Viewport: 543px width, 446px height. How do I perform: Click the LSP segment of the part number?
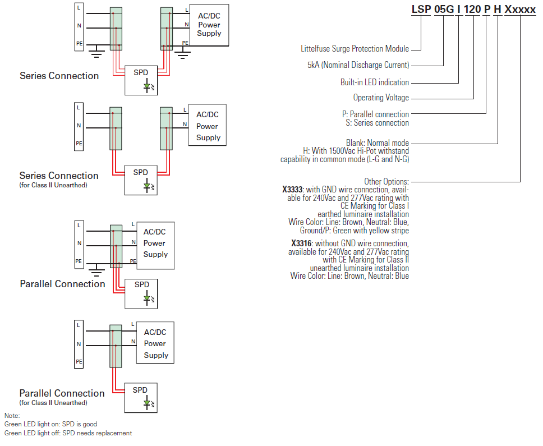[422, 10]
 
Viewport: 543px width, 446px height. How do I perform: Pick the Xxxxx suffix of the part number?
[520, 10]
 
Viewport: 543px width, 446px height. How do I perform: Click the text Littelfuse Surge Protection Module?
[355, 49]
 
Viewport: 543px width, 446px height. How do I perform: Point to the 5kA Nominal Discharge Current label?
[358, 65]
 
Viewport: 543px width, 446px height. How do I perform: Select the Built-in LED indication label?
[374, 82]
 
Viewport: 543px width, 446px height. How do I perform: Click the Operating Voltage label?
[381, 98]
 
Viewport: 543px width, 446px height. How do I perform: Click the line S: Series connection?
[377, 123]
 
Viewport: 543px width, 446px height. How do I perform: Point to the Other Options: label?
[386, 182]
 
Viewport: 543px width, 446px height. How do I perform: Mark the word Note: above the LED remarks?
[12, 416]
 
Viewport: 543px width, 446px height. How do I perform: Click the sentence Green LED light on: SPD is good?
[50, 424]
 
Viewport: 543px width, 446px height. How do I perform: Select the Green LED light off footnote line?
[68, 433]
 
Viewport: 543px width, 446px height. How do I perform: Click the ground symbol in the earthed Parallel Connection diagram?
[96, 272]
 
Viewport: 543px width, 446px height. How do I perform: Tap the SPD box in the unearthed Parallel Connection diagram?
[141, 397]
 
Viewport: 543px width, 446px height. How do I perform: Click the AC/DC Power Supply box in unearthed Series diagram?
[208, 126]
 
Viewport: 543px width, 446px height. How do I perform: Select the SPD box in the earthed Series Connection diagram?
[141, 80]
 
